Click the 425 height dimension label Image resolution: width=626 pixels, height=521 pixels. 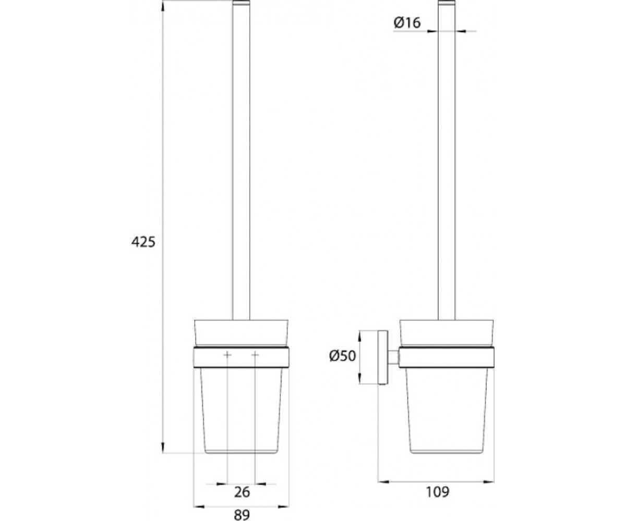[143, 242]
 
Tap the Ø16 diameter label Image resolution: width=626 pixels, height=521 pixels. [407, 22]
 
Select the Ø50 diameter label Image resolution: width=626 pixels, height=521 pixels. [342, 356]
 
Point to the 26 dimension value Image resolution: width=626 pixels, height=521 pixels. [242, 492]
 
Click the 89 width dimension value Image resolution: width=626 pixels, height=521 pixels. [242, 515]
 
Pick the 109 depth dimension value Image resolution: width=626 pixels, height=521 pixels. [438, 492]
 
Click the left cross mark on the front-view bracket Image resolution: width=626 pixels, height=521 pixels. [227, 355]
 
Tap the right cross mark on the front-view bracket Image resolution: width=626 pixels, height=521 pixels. [255, 355]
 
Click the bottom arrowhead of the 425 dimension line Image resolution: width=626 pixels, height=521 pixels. [163, 447]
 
